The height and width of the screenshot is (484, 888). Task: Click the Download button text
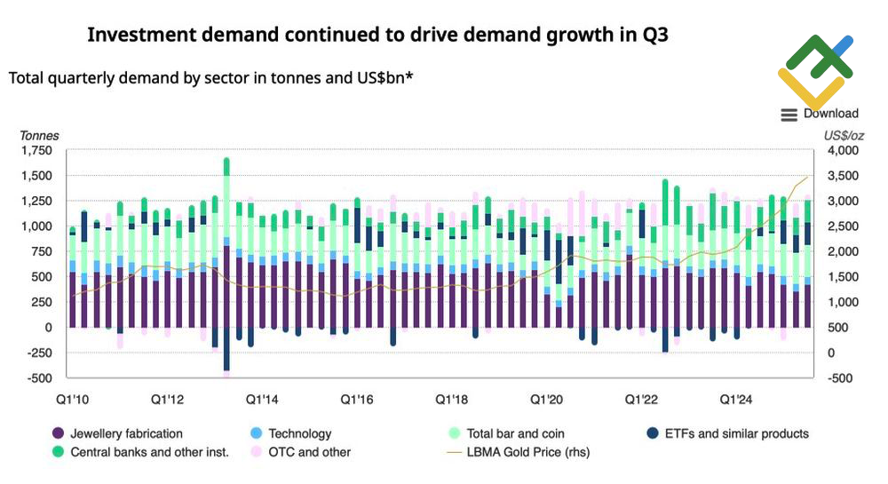831,114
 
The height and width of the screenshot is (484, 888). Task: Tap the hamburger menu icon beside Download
789,115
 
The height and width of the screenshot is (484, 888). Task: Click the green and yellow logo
815,71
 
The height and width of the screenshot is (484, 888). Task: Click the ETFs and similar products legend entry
725,434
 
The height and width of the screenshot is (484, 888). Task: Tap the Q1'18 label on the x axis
453,400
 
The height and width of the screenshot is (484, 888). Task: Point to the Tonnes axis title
40,136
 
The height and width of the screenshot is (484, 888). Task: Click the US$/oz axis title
844,136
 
